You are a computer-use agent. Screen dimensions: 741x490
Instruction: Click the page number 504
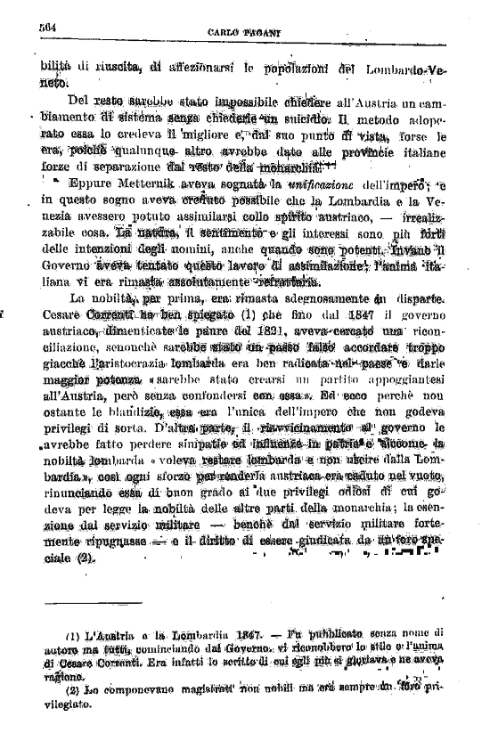pos(47,27)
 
